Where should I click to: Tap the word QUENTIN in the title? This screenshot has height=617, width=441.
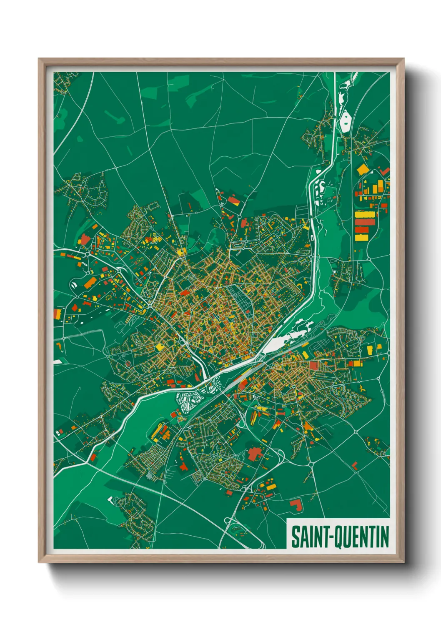pos(362,537)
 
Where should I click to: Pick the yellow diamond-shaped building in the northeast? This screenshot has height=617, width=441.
pos(362,169)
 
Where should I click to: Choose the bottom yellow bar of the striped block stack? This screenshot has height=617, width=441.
pos(362,237)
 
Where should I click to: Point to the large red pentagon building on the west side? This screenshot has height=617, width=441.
pos(85,239)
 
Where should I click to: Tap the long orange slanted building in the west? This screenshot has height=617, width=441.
pos(90,283)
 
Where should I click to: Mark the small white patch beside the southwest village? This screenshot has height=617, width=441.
pos(110,499)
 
